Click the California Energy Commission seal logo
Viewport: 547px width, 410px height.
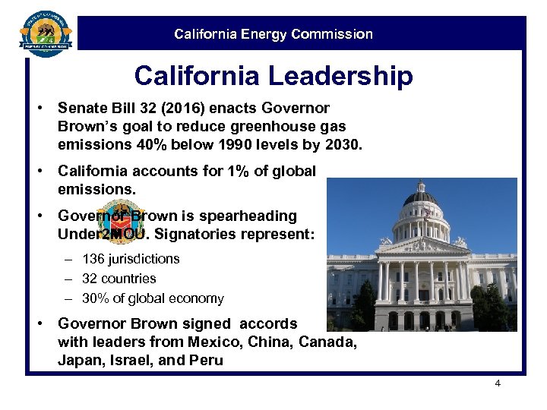coord(45,31)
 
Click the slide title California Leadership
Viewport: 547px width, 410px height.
coord(273,76)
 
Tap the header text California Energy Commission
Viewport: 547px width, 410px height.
coord(273,34)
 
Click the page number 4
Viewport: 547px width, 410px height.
coord(498,383)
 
